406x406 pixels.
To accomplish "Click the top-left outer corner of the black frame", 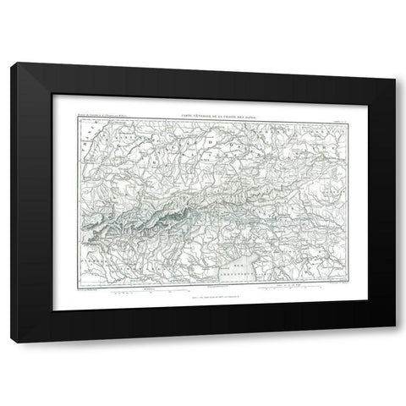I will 16,63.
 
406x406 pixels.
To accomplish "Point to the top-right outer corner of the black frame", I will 391,63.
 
